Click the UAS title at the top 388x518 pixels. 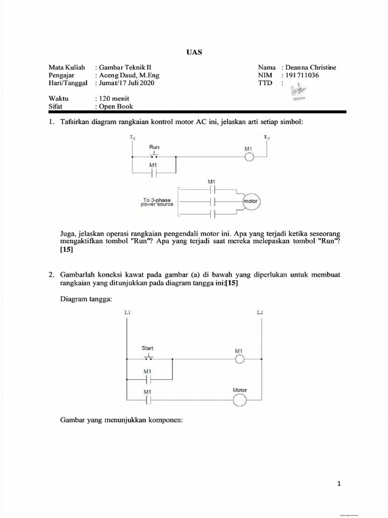pos(194,52)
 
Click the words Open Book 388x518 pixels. pos(116,107)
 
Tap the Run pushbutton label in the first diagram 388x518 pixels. pos(154,147)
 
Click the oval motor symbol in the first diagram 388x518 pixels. pos(250,201)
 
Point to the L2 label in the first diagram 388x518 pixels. pos(266,137)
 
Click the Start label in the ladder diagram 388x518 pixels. pos(148,348)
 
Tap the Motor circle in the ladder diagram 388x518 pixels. pos(239,401)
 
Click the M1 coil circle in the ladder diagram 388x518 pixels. pos(239,359)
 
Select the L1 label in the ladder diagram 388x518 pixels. pos(127,313)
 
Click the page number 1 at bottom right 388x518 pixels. pos(339,484)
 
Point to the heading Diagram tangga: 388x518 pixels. pos(86,299)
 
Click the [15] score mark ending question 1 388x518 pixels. pos(67,249)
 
